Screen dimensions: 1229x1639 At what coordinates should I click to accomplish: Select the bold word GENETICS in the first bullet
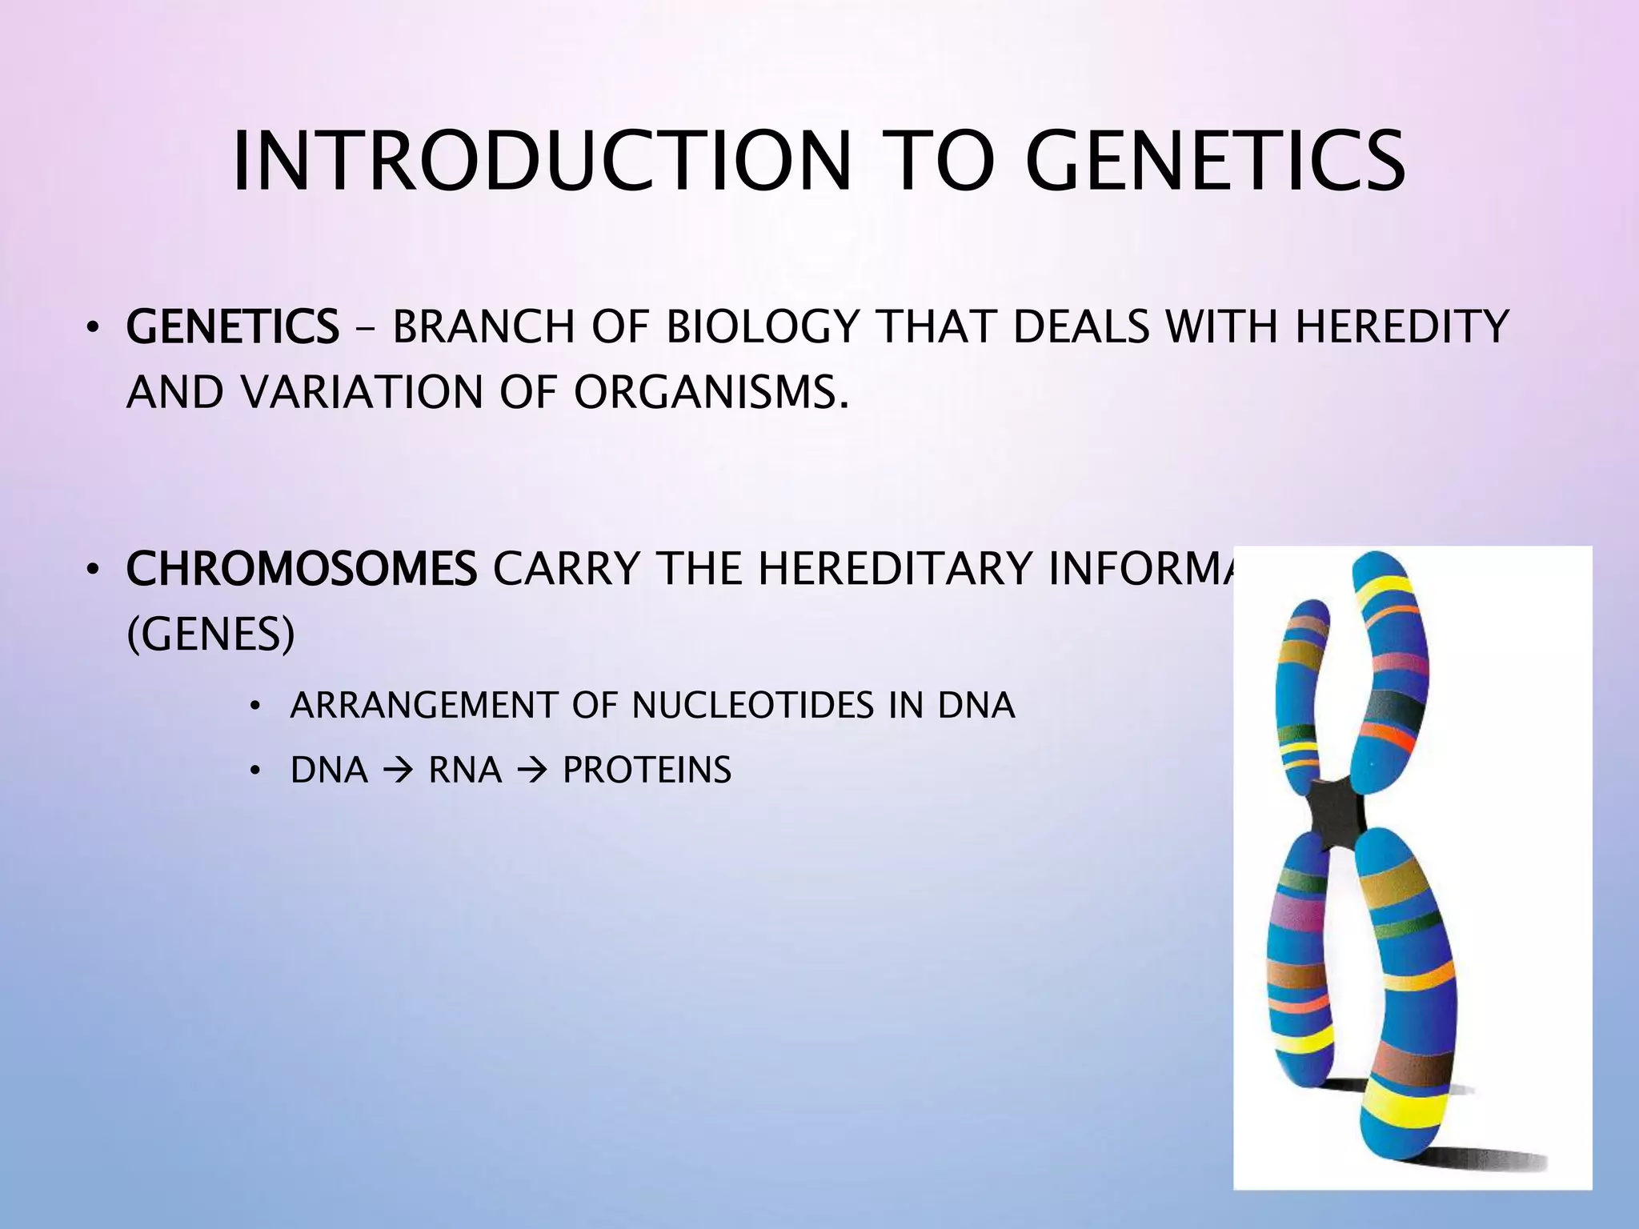pyautogui.click(x=232, y=327)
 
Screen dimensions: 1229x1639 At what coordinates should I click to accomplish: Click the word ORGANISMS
pyautogui.click(x=711, y=392)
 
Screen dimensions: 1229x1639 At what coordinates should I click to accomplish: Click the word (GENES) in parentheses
pyautogui.click(x=210, y=635)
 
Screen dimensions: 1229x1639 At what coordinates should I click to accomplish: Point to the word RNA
pyautogui.click(x=464, y=771)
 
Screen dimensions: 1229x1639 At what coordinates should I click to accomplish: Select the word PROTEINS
pyautogui.click(x=647, y=771)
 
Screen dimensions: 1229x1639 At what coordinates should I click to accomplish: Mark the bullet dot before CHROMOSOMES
pyautogui.click(x=93, y=570)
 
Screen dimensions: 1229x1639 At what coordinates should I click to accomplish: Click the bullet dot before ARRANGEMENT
pyautogui.click(x=254, y=707)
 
